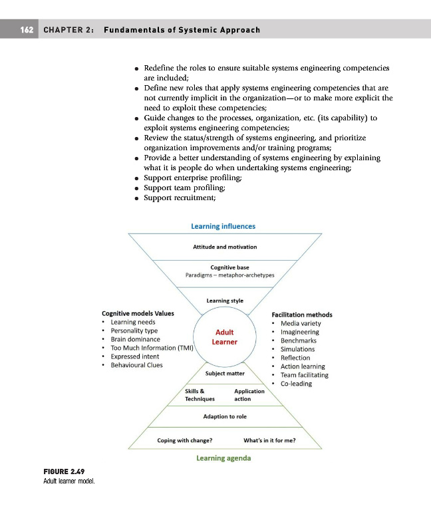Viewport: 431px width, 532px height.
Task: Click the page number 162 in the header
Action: click(x=27, y=31)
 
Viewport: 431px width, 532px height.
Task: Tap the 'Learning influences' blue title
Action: click(x=223, y=226)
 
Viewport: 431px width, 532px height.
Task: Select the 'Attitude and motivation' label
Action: click(x=225, y=247)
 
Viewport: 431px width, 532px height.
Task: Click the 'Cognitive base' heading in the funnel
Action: click(x=225, y=267)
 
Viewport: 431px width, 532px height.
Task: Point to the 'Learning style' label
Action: click(x=225, y=301)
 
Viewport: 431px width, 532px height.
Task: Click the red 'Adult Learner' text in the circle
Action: click(x=224, y=337)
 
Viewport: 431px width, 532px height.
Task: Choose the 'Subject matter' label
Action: click(x=225, y=373)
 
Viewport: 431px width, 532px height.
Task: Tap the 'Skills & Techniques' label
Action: click(x=200, y=395)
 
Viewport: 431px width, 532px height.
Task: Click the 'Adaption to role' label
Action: click(x=225, y=416)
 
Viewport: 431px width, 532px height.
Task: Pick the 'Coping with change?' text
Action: click(x=185, y=440)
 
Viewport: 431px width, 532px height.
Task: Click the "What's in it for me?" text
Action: click(x=270, y=440)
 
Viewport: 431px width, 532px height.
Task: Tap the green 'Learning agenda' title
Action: click(x=223, y=458)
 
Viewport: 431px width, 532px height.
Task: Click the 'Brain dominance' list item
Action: click(x=135, y=339)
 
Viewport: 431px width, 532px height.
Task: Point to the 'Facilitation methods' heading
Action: click(x=303, y=315)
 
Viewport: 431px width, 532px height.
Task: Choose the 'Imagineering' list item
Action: click(x=299, y=332)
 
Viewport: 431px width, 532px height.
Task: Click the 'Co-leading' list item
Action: click(x=296, y=384)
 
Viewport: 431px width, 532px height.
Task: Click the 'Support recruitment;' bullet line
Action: click(x=180, y=196)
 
